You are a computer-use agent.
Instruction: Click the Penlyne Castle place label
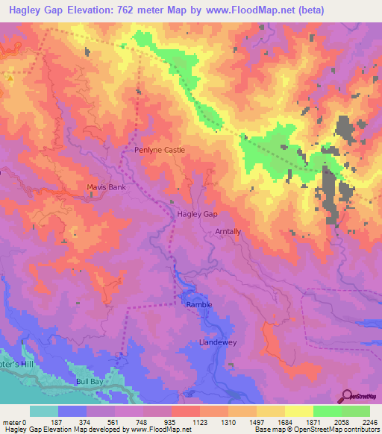(159, 150)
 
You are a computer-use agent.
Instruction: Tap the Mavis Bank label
(104, 187)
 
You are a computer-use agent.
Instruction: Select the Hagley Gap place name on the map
(197, 214)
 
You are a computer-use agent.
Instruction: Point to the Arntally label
(228, 232)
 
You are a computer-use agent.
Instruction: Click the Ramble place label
(198, 304)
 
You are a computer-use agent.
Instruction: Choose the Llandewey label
(217, 342)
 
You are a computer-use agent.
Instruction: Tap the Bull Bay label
(89, 381)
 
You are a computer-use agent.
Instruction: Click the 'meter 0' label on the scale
(15, 421)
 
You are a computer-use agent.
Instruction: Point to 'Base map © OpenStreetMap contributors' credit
(316, 430)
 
